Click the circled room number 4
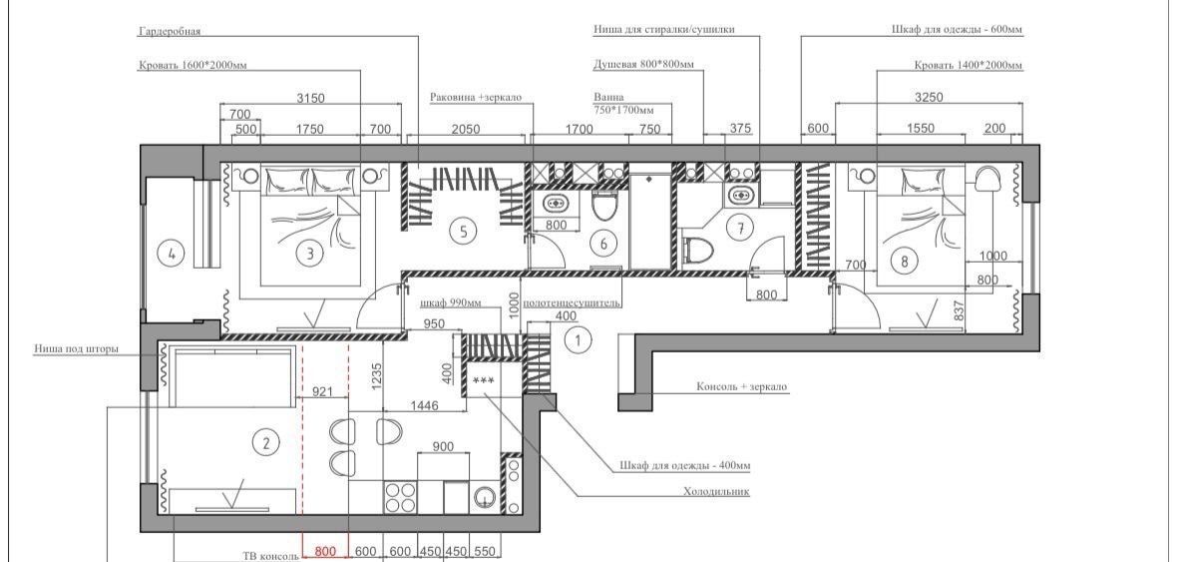click(x=172, y=254)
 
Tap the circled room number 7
click(x=741, y=229)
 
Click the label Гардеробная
click(x=170, y=32)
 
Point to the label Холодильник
click(x=716, y=492)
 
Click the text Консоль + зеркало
click(x=742, y=387)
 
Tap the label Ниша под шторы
click(x=76, y=349)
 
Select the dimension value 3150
click(x=310, y=98)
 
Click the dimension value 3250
click(x=929, y=97)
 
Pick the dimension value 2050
click(x=466, y=129)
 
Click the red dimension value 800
click(x=325, y=552)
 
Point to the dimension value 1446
click(x=424, y=405)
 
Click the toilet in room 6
click(x=603, y=205)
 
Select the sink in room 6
click(x=555, y=203)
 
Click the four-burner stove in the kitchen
click(x=401, y=497)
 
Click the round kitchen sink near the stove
click(x=484, y=497)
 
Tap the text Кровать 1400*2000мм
click(x=969, y=65)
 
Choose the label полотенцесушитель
click(x=572, y=302)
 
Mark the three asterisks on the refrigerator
click(x=484, y=381)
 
